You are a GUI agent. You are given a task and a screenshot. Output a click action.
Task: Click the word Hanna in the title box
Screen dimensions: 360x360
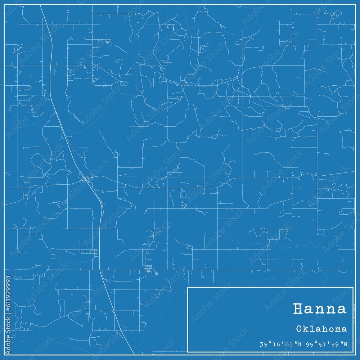(320, 309)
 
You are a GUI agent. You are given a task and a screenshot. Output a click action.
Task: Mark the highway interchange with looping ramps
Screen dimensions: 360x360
(86, 179)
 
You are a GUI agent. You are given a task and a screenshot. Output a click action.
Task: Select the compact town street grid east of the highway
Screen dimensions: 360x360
(148, 269)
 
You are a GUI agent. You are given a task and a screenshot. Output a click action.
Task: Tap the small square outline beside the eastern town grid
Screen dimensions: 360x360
(156, 273)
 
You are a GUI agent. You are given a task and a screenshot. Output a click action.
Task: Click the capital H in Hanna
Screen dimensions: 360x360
(298, 309)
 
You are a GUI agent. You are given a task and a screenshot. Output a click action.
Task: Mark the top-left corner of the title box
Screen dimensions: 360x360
(188, 287)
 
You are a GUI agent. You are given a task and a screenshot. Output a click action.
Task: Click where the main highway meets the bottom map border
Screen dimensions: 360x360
(134, 355)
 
